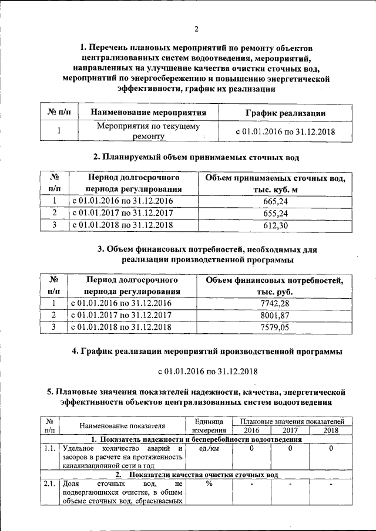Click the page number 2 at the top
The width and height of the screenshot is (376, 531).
197,29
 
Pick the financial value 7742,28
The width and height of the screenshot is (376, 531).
274,303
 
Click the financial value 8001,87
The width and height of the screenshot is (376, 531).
274,315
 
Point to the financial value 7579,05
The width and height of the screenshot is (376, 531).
274,327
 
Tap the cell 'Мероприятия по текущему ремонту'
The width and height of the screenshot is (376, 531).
147,131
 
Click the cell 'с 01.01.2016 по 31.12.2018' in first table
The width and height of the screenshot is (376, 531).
284,131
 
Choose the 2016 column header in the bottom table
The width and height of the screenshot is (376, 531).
252,430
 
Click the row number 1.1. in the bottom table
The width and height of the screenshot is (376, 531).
49,449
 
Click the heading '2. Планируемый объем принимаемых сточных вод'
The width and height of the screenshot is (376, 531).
197,157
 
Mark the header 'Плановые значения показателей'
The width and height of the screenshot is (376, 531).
292,421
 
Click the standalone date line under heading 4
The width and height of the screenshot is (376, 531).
208,372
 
